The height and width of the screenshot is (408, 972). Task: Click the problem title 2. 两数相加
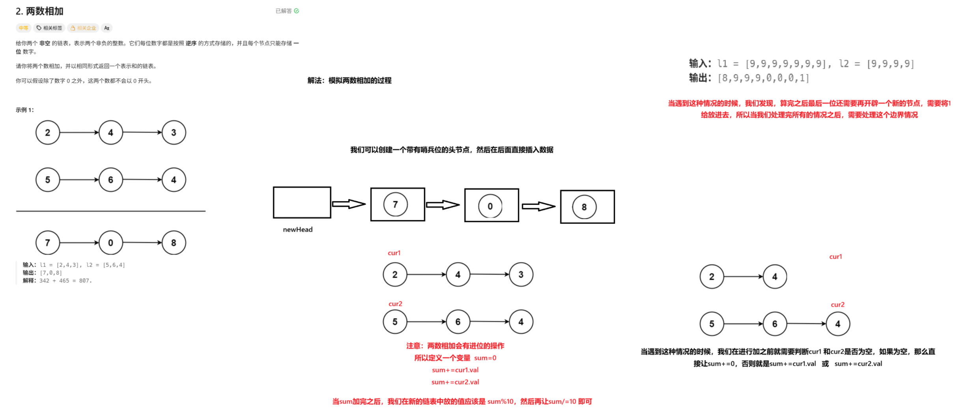pyautogui.click(x=39, y=11)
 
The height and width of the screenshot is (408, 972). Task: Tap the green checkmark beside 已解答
pyautogui.click(x=297, y=11)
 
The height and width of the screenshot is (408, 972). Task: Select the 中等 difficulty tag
pyautogui.click(x=23, y=28)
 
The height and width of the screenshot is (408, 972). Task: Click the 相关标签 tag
pyautogui.click(x=49, y=28)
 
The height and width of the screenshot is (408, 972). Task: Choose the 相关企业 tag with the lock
pyautogui.click(x=83, y=28)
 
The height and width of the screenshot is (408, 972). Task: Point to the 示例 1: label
pyautogui.click(x=24, y=110)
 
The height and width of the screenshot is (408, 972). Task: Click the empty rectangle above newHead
pyautogui.click(x=302, y=202)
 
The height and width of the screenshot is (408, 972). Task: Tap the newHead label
pyautogui.click(x=297, y=230)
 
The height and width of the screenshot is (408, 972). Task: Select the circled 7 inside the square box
pyautogui.click(x=395, y=204)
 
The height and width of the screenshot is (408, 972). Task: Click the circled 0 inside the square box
pyautogui.click(x=490, y=206)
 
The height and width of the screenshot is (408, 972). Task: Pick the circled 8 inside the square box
pyautogui.click(x=584, y=207)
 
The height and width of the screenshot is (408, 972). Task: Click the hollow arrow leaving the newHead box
pyautogui.click(x=349, y=204)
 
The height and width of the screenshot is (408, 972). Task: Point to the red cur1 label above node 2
pyautogui.click(x=394, y=253)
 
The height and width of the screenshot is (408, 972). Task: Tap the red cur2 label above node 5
pyautogui.click(x=395, y=304)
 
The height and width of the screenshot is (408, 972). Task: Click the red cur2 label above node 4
pyautogui.click(x=837, y=305)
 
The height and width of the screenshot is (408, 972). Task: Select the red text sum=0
pyautogui.click(x=485, y=358)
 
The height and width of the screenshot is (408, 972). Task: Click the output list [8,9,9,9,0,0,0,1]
pyautogui.click(x=763, y=78)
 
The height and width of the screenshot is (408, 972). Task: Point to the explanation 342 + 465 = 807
pyautogui.click(x=65, y=281)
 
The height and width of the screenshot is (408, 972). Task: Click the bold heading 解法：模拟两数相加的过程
pyautogui.click(x=349, y=80)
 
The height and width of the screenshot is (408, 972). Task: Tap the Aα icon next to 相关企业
pyautogui.click(x=107, y=28)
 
